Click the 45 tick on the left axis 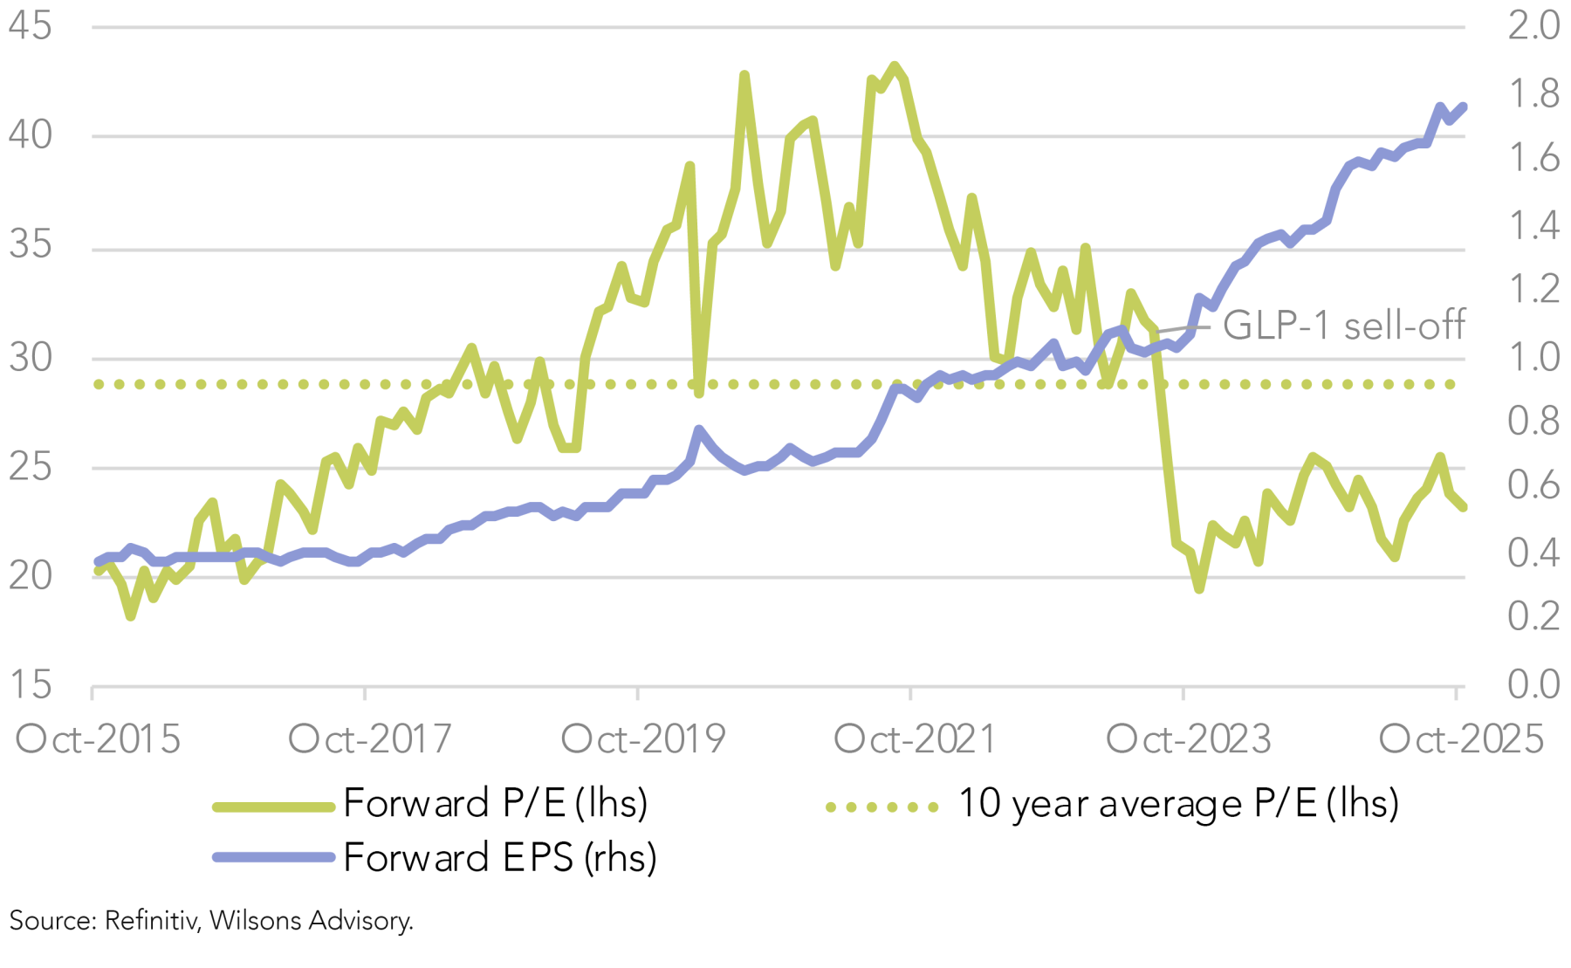[x=30, y=26]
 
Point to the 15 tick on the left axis [x=30, y=685]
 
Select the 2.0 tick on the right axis [x=1533, y=26]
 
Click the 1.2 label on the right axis [x=1533, y=290]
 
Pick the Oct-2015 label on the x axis [x=98, y=740]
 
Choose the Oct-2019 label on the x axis [x=643, y=740]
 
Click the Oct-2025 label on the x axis [x=1461, y=740]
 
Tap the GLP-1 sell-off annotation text [x=1343, y=326]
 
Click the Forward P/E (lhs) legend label [x=496, y=804]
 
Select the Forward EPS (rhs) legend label [x=500, y=858]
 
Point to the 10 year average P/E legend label [x=1178, y=804]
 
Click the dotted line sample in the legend [x=882, y=807]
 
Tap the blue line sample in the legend [x=274, y=858]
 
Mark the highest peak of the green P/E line [x=894, y=66]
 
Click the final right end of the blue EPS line [x=1463, y=107]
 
